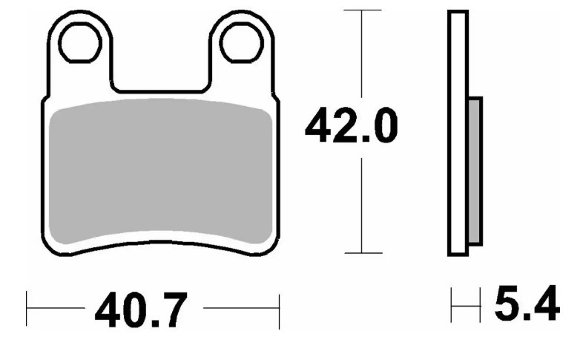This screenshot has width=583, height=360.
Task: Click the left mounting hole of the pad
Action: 80,44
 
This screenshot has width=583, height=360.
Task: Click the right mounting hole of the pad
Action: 239,44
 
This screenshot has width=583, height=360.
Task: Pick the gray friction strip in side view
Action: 475,171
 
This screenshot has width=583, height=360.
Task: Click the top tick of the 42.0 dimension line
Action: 361,10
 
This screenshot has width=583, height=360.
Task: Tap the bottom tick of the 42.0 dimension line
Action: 361,253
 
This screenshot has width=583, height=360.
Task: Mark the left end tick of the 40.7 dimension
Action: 27,309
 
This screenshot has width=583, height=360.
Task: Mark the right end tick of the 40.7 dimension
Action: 278,309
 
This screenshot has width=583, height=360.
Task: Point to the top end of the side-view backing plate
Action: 458,13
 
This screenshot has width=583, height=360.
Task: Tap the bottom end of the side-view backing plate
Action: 458,253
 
